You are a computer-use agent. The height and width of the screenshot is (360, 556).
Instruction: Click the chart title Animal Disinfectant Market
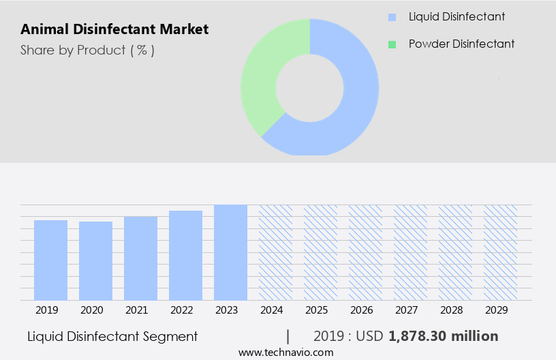pyautogui.click(x=114, y=29)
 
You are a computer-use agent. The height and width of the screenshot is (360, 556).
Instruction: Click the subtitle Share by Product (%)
pyautogui.click(x=87, y=50)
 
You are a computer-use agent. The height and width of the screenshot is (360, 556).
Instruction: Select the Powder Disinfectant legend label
pyautogui.click(x=461, y=44)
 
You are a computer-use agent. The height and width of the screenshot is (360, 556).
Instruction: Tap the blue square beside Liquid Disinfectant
pyautogui.click(x=392, y=16)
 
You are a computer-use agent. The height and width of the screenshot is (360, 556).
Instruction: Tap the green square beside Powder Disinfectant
pyautogui.click(x=392, y=44)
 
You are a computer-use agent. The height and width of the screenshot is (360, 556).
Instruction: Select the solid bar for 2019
pyautogui.click(x=50, y=260)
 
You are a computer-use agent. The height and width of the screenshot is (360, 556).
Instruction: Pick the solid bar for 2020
pyautogui.click(x=95, y=260)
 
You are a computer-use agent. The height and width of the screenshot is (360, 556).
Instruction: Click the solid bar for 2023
pyautogui.click(x=230, y=252)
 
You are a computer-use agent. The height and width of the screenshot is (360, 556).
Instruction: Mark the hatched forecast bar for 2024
pyautogui.click(x=275, y=252)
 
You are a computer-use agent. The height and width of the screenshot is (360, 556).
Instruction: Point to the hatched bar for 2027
pyautogui.click(x=410, y=252)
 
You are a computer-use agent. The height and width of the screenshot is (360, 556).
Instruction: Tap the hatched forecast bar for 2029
pyautogui.click(x=500, y=252)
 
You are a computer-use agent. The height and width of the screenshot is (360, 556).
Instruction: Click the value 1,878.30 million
pyautogui.click(x=444, y=336)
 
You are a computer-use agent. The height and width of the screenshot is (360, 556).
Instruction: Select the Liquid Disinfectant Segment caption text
pyautogui.click(x=112, y=336)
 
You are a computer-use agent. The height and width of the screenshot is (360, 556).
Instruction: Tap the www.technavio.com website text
pyautogui.click(x=285, y=352)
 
